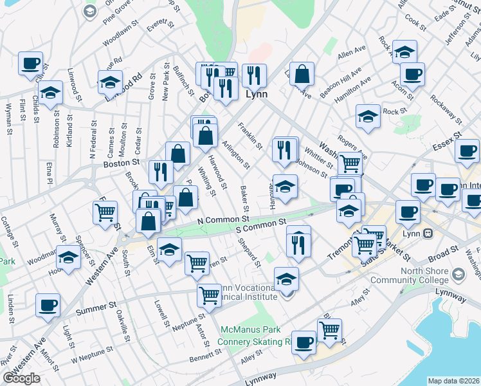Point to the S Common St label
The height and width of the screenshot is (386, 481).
(x=260, y=226)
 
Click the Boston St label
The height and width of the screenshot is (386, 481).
(x=122, y=164)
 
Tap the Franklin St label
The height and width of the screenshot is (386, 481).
(x=251, y=136)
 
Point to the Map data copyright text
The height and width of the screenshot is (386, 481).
(x=454, y=381)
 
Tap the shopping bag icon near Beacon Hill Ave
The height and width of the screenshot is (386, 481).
(x=302, y=75)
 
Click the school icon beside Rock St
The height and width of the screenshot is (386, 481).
(x=368, y=117)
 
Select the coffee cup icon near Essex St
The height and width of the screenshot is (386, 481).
(x=467, y=151)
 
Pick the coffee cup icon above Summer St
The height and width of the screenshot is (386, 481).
(x=47, y=306)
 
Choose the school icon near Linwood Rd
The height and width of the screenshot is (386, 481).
(x=111, y=82)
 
